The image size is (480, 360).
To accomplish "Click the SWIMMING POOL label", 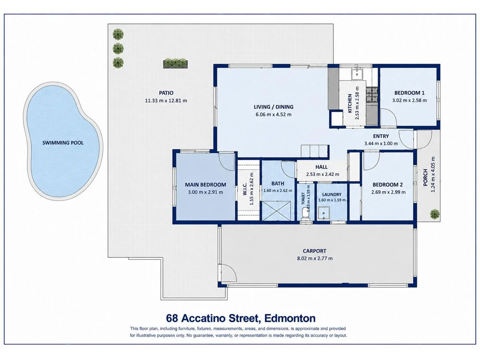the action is (x=63, y=143).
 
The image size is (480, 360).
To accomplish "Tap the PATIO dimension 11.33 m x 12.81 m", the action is (x=166, y=101).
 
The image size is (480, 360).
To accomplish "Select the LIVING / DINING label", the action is (x=274, y=107).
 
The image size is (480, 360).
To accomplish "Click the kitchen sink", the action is (x=357, y=74).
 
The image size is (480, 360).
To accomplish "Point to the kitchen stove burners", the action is (x=372, y=95).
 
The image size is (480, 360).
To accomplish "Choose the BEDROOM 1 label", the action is (x=409, y=93).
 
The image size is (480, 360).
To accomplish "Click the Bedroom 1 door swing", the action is (x=388, y=117).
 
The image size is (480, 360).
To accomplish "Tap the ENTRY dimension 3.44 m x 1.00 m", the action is (x=381, y=144).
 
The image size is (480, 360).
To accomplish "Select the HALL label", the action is (x=322, y=167).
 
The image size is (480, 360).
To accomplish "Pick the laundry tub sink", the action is (x=324, y=213).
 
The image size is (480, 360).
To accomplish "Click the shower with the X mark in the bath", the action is (x=276, y=211).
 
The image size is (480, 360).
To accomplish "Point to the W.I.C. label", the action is (x=245, y=189).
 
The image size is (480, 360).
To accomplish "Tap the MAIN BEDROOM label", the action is (x=206, y=185).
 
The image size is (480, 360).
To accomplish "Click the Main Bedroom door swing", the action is (x=226, y=162).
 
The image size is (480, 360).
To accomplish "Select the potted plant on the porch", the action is (x=434, y=214).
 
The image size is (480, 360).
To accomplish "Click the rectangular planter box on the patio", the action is (x=175, y=63).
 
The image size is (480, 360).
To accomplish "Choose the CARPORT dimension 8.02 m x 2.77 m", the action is (x=315, y=258).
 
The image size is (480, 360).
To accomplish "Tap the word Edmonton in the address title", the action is (x=290, y=318).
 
